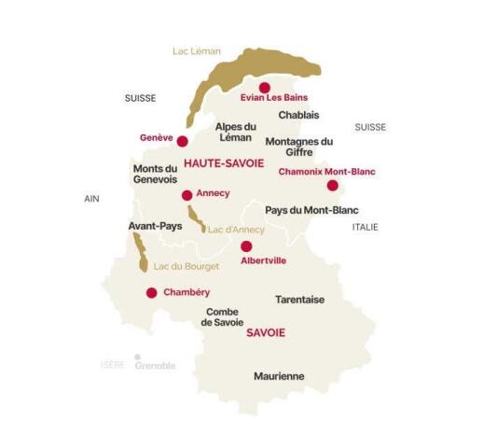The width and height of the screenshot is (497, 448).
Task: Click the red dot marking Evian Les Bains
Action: (264, 88)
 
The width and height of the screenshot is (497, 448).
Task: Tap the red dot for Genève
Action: (183, 142)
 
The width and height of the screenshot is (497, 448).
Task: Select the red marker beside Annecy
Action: (187, 195)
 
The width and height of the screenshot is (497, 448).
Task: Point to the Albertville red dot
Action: (246, 246)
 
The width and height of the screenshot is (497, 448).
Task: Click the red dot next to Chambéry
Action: (151, 292)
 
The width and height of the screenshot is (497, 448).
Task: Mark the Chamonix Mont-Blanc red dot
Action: (332, 185)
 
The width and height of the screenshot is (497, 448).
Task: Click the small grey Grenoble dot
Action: (137, 357)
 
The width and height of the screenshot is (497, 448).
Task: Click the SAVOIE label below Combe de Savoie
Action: (266, 333)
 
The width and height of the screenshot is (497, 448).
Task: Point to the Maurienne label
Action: (279, 376)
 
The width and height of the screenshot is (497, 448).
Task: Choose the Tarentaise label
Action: (299, 300)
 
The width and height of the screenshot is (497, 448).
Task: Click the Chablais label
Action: (298, 115)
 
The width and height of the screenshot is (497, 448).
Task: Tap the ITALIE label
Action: (365, 227)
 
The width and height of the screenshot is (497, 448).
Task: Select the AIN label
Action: (90, 199)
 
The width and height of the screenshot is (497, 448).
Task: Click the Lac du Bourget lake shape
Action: (140, 252)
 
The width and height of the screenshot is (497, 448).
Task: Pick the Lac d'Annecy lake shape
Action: (197, 218)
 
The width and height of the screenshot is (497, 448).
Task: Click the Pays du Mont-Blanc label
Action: (311, 210)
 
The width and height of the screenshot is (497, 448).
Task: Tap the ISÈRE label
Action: (113, 365)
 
